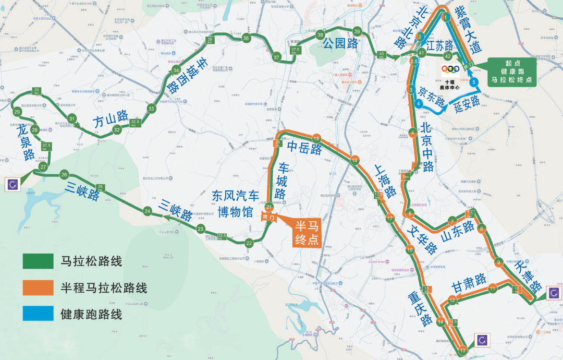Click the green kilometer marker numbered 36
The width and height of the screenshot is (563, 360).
[246, 38]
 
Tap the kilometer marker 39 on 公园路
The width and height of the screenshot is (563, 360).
[357, 31]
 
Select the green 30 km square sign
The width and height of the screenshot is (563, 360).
[36, 91]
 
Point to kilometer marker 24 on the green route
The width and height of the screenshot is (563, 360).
[148, 211]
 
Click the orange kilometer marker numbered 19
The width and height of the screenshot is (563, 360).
[316, 139]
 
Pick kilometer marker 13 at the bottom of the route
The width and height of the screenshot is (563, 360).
[462, 350]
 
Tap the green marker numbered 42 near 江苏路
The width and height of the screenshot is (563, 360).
[447, 56]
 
